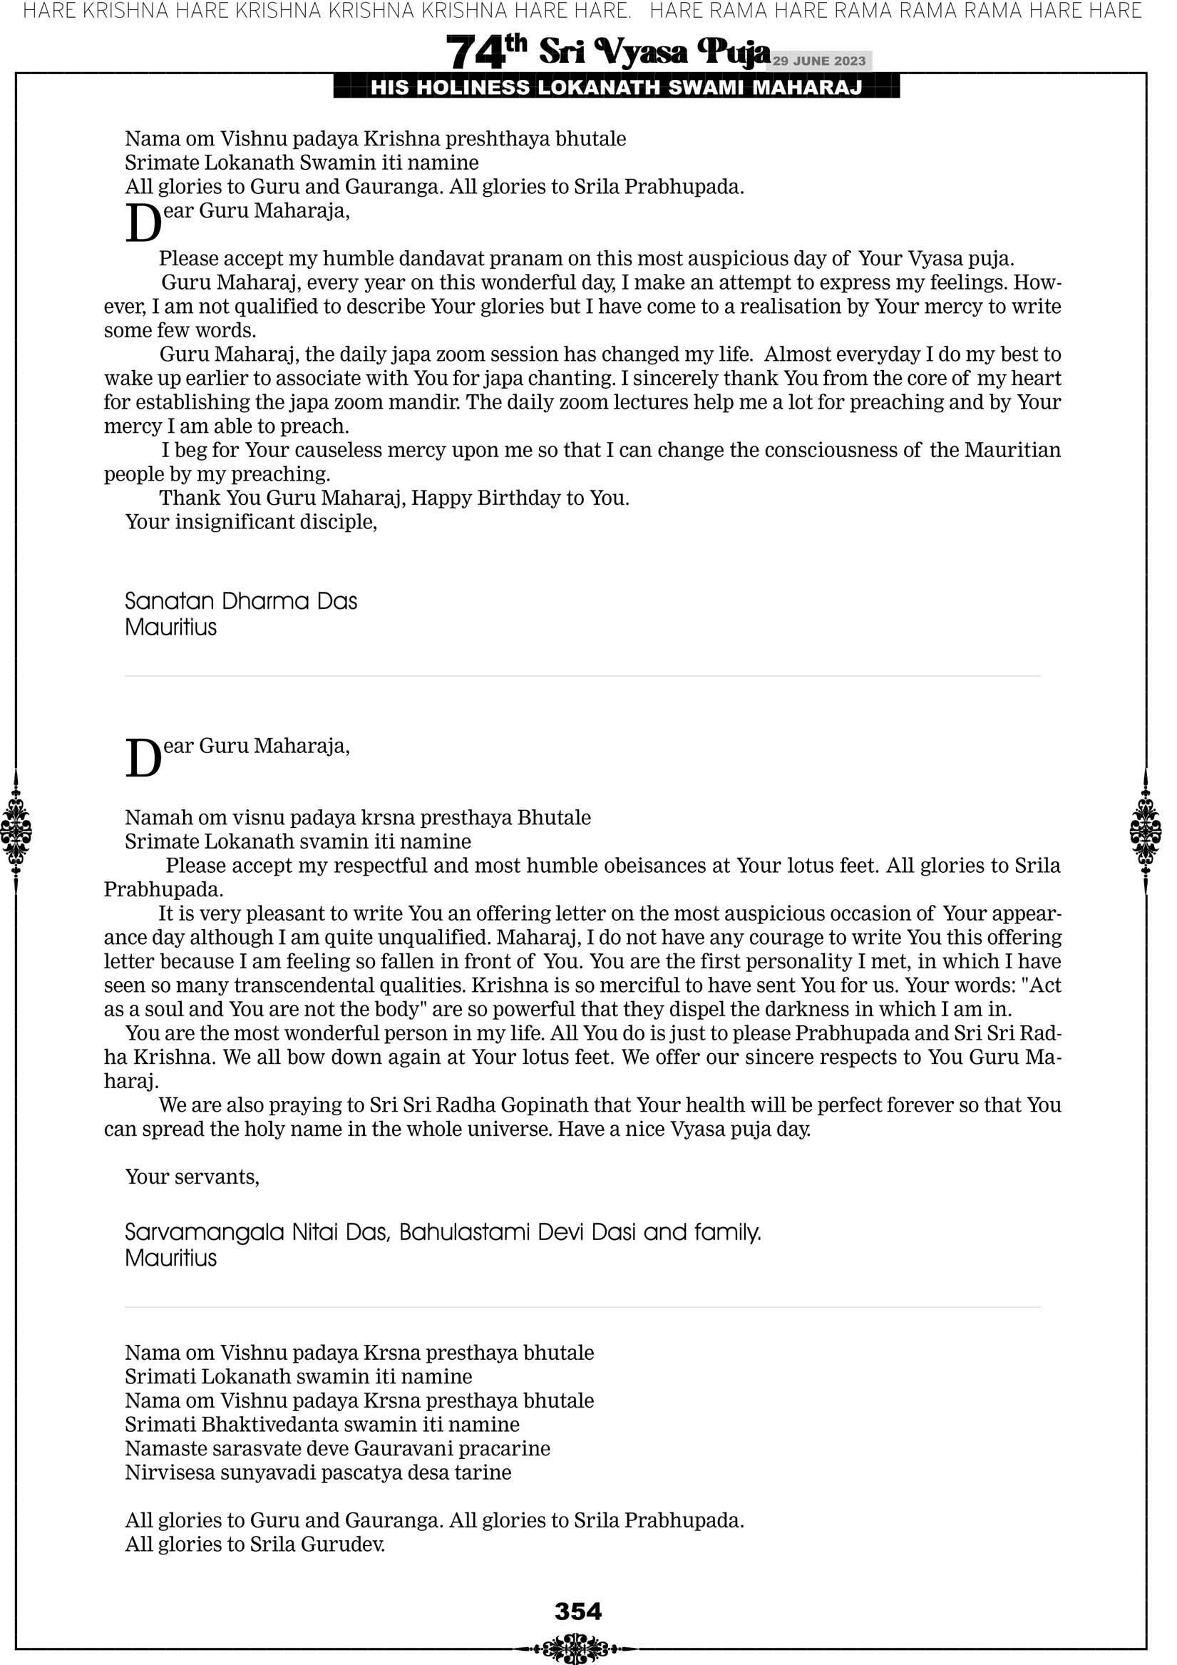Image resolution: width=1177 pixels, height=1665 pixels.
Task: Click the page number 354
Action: tap(578, 1612)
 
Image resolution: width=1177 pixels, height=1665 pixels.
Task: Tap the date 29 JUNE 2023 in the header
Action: tap(818, 61)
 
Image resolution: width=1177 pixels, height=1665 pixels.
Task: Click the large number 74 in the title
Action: tap(474, 53)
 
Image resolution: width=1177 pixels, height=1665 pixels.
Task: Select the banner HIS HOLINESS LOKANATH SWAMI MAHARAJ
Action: tap(617, 88)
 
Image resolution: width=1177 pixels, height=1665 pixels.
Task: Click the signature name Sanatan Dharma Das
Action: tap(241, 601)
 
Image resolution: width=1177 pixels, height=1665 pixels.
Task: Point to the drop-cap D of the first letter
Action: tap(143, 224)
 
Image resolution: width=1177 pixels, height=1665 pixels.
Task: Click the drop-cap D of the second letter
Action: tap(143, 759)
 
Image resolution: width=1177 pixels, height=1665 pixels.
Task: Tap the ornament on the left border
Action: tap(16, 831)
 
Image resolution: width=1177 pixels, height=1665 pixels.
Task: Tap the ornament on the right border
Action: tap(1145, 831)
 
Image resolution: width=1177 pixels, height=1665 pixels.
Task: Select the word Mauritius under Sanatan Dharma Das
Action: tap(170, 627)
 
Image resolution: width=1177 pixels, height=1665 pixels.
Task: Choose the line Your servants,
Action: tap(192, 1177)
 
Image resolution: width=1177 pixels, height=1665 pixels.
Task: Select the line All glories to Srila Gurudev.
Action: tap(255, 1544)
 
